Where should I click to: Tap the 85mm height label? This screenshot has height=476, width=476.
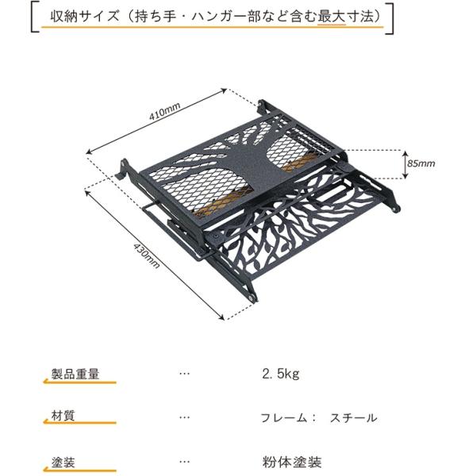click(421, 163)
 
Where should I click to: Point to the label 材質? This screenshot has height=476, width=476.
click(63, 417)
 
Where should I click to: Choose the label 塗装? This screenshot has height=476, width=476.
click(63, 461)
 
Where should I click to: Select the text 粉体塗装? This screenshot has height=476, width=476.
click(291, 462)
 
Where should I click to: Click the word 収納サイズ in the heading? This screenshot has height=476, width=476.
click(77, 16)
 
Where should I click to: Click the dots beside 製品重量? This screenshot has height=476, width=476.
click(185, 374)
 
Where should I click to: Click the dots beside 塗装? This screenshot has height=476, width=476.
click(185, 461)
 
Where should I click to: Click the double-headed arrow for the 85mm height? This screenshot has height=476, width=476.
click(402, 163)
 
